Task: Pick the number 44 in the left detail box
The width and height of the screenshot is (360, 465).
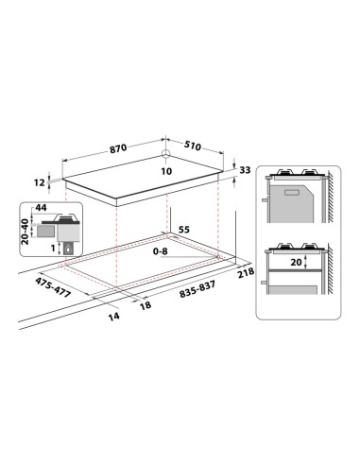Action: pos(41,208)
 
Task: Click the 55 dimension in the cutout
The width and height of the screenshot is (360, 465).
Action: pos(184,230)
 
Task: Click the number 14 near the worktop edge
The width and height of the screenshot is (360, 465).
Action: pos(113,317)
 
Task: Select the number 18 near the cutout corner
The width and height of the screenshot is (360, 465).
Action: pos(145,306)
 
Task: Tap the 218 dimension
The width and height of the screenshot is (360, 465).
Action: pos(249,273)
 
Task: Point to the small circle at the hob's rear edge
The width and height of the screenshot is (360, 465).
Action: pos(166,157)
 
